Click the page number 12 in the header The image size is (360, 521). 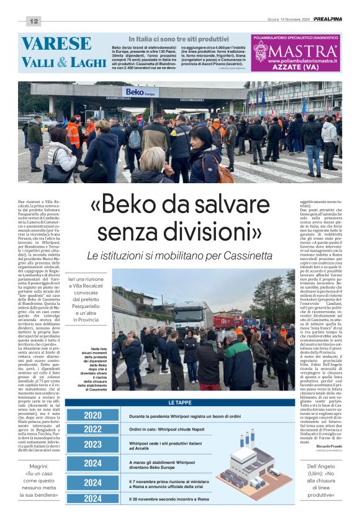click(33, 21)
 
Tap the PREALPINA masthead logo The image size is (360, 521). click(327, 19)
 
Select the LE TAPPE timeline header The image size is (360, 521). click(179, 402)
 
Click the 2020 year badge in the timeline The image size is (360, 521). click(92, 415)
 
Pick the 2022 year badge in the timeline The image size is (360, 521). click(92, 429)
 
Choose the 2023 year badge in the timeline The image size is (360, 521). click(92, 444)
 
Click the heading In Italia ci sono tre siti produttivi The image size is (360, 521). click(180, 39)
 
